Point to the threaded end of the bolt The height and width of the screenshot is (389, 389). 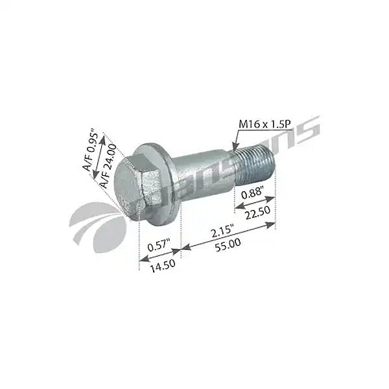(x=254, y=167)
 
